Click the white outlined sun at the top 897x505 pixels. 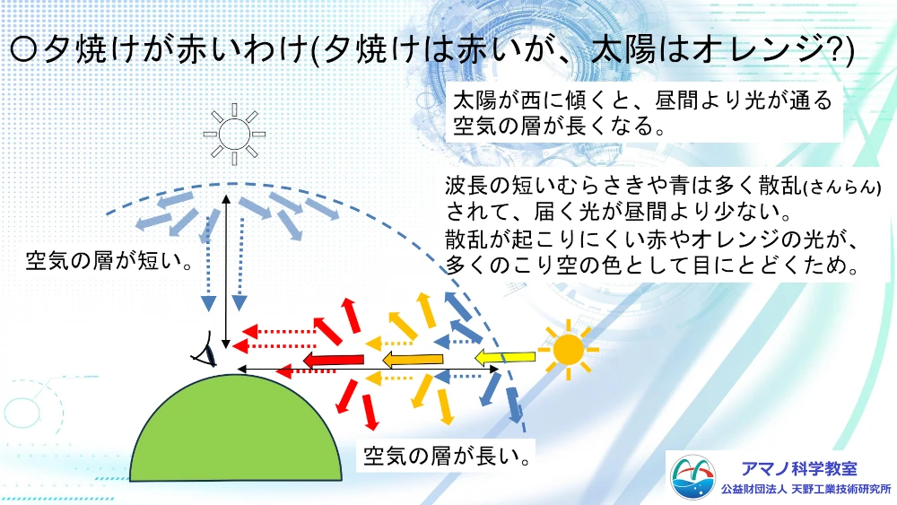234,135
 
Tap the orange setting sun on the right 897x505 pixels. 568,350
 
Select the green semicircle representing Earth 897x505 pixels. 236,428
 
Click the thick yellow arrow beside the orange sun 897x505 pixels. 505,358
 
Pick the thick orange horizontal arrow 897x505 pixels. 413,360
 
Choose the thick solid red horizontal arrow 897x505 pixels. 334,361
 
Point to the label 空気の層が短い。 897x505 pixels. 109,261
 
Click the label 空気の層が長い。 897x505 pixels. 447,456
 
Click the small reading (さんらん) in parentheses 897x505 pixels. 842,187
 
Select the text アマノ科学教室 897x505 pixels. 799,469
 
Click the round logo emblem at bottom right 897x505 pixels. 692,477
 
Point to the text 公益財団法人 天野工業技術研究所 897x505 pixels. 806,490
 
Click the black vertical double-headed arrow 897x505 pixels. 226,272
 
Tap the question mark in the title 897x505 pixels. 832,50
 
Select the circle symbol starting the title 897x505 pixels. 23,51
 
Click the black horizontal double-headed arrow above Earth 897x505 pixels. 368,370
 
